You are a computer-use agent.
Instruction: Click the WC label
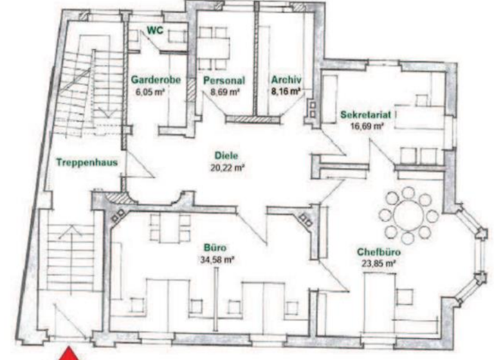click(154, 30)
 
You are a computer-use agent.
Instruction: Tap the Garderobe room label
click(156, 80)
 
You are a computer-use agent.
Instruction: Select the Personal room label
click(223, 81)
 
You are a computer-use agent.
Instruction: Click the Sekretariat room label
click(365, 115)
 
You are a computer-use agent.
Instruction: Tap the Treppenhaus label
click(86, 163)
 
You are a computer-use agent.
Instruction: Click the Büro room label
click(215, 248)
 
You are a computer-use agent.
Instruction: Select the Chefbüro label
click(376, 252)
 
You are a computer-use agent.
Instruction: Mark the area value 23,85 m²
click(376, 264)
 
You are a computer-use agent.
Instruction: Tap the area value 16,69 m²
click(366, 127)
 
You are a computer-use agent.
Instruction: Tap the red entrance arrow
click(70, 353)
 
